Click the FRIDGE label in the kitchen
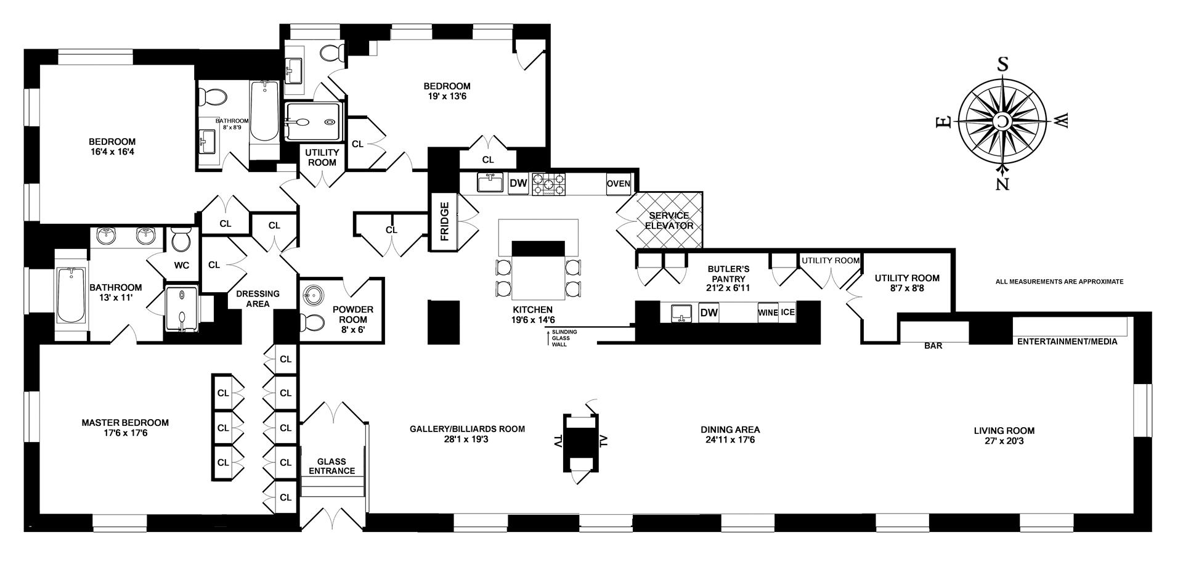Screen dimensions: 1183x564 tap(445, 221)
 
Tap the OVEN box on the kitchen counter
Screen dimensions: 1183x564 tap(619, 184)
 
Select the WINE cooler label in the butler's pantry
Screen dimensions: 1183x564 tap(768, 313)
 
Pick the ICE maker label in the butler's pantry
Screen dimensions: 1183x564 tap(788, 313)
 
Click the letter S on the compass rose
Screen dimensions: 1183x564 tap(1002, 65)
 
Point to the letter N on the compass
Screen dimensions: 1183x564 tap(1002, 183)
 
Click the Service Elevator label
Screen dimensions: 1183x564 tap(669, 221)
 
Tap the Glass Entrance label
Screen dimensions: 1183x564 tap(332, 466)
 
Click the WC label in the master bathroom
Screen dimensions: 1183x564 tap(182, 266)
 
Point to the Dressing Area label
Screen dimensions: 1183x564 tap(258, 298)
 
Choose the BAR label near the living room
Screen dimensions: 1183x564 tap(933, 346)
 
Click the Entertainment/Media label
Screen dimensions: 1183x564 tap(1067, 341)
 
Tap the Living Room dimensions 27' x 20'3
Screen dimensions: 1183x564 tap(1004, 441)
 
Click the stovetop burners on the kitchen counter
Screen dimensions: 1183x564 tap(549, 184)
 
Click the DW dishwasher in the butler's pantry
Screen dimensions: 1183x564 tap(709, 313)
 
